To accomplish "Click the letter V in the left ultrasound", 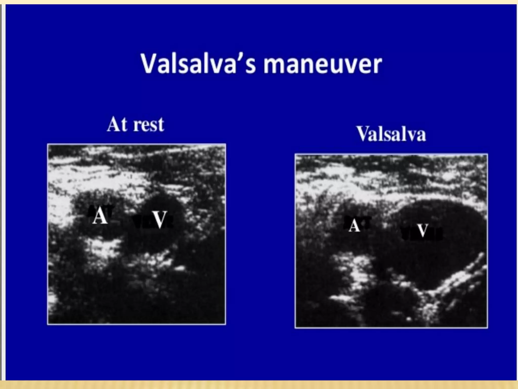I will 160,220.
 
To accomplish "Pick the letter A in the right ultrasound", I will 354,225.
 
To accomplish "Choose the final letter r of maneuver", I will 377,66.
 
